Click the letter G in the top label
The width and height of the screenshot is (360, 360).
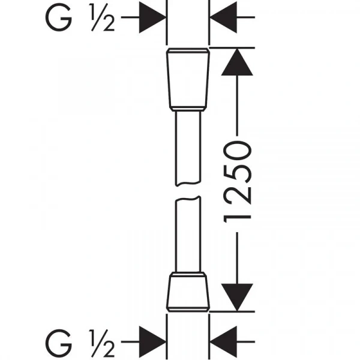[x=59, y=17]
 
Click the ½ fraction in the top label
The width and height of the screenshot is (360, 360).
[x=103, y=17]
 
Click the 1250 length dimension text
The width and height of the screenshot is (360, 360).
[x=238, y=182]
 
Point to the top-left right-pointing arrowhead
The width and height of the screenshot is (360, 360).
[x=152, y=17]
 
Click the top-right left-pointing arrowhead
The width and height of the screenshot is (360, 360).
[x=223, y=17]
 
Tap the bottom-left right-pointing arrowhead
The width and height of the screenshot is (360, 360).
[x=152, y=342]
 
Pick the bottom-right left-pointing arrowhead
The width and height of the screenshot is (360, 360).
[x=223, y=342]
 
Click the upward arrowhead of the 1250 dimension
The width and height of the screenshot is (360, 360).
[x=237, y=62]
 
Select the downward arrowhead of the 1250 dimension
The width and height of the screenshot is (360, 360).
[x=237, y=298]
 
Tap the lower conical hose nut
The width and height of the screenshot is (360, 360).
[x=188, y=293]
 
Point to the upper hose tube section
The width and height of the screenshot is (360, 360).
[x=188, y=148]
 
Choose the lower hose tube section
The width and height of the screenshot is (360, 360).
[x=188, y=234]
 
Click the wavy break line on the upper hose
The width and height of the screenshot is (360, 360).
[x=188, y=183]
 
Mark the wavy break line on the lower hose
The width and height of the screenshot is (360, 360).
[x=188, y=199]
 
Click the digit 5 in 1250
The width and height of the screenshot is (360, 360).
[x=238, y=172]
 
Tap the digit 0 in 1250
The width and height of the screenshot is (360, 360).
[x=238, y=151]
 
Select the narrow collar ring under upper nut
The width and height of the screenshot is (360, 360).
[x=188, y=109]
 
